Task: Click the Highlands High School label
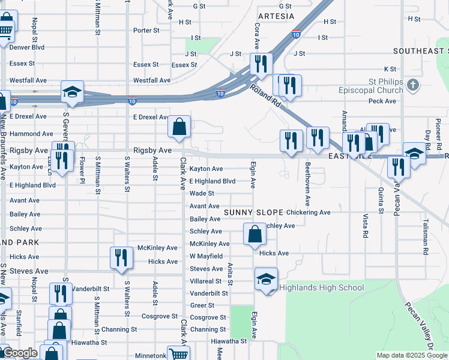point(321,287)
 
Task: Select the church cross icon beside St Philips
point(412,85)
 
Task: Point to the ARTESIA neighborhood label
point(276,16)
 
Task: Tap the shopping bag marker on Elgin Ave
point(255,234)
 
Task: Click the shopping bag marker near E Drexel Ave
point(179,127)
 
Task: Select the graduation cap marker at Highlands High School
point(266,279)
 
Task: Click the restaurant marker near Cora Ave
point(261,64)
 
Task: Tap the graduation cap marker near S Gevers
point(72,92)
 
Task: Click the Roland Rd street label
point(266,96)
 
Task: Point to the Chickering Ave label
point(309,212)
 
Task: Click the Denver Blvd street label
point(27,47)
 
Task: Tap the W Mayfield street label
point(206,256)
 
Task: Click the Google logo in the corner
point(20,353)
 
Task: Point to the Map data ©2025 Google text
point(411,355)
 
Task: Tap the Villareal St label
point(208,281)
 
